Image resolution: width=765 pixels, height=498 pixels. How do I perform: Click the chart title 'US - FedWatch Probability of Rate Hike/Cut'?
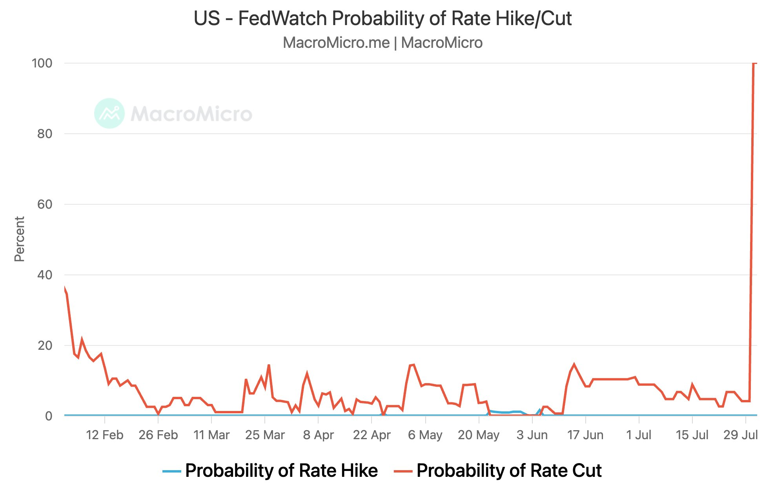382,18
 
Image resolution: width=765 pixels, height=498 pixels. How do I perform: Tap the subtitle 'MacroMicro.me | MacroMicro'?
382,43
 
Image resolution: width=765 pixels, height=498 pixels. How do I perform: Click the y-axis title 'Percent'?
19,239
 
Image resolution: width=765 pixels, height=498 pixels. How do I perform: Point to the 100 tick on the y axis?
42,63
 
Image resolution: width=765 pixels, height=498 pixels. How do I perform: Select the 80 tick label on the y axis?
45,134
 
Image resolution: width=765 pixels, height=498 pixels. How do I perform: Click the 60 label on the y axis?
45,204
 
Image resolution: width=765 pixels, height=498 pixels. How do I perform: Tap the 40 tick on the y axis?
45,275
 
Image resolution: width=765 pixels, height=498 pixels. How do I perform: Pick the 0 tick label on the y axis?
49,416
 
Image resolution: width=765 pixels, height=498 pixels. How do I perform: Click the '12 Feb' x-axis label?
104,435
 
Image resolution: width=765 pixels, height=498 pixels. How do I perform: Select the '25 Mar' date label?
265,435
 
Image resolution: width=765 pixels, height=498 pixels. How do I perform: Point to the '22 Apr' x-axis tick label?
372,435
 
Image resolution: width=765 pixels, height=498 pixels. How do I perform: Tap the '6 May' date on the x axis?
425,435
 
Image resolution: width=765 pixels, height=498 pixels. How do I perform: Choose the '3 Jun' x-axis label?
532,435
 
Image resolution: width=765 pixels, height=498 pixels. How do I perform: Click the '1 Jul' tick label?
639,435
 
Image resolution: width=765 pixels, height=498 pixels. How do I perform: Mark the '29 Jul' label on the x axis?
740,435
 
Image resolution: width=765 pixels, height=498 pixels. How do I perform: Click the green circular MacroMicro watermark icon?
109,113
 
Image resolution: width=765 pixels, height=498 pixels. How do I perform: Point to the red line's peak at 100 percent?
754,64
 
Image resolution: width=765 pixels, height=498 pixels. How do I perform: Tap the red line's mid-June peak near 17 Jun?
574,365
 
